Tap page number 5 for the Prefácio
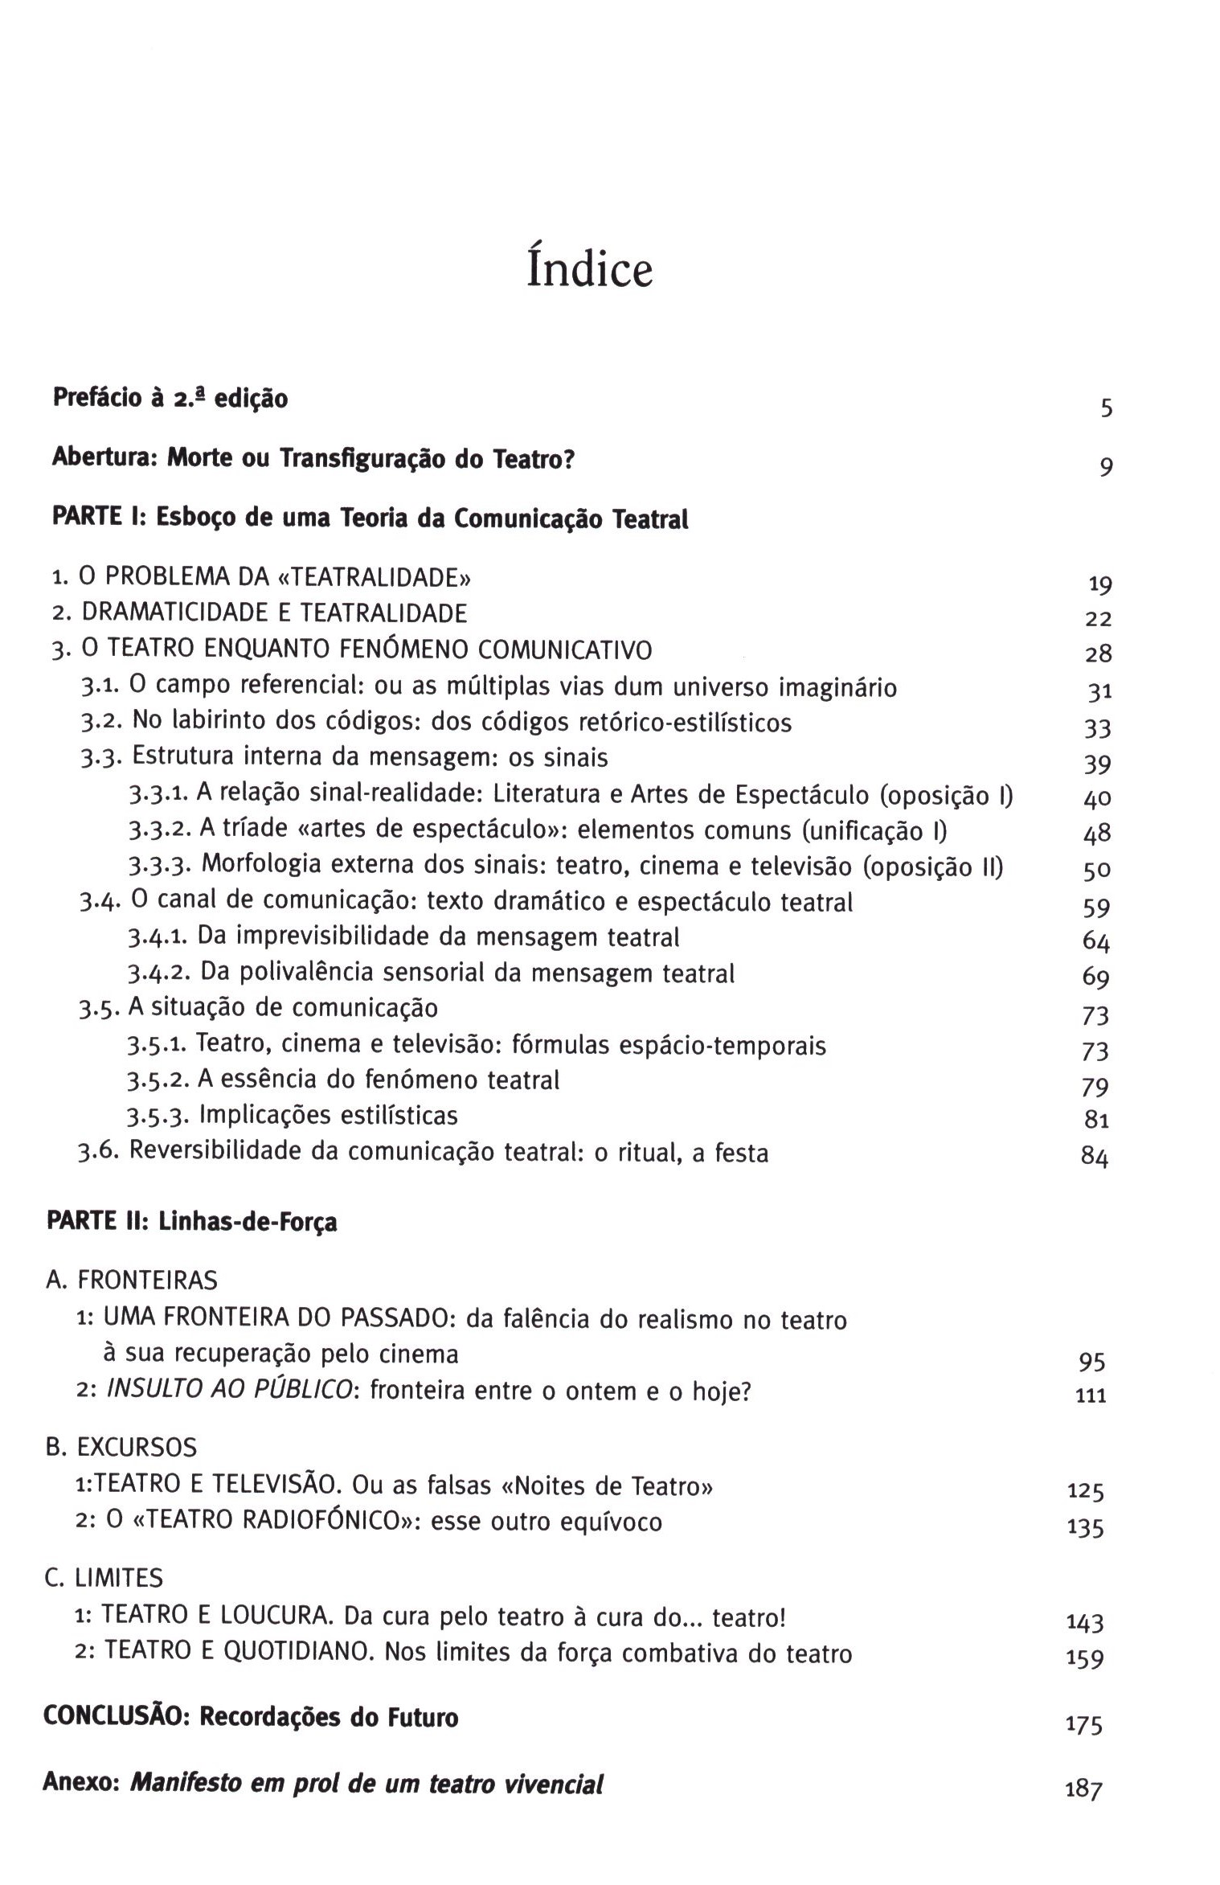point(1107,408)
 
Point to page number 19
point(1099,584)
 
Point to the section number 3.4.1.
point(159,937)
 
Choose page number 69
point(1096,977)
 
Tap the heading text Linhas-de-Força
point(248,1222)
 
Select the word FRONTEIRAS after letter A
point(147,1280)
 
